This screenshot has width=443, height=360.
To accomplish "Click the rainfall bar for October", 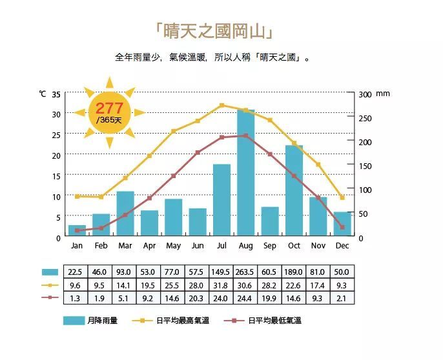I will click(294, 191).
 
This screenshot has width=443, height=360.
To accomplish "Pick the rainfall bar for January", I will click(77, 231).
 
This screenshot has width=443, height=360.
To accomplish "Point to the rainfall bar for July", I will click(222, 200).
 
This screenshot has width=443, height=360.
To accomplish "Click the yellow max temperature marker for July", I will click(222, 105).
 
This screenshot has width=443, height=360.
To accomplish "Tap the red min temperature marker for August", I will click(246, 135).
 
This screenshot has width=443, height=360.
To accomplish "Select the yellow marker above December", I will click(343, 197).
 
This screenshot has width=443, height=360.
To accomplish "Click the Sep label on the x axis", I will click(270, 246).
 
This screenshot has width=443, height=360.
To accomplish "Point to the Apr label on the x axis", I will click(149, 246).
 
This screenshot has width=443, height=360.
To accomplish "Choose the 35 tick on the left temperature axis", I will click(56, 94).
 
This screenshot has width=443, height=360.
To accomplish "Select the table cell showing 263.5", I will click(246, 272).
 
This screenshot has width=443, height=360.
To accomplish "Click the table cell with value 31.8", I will click(221, 285).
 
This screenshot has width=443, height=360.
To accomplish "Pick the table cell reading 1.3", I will click(76, 298).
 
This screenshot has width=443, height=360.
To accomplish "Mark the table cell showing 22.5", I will click(76, 272).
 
